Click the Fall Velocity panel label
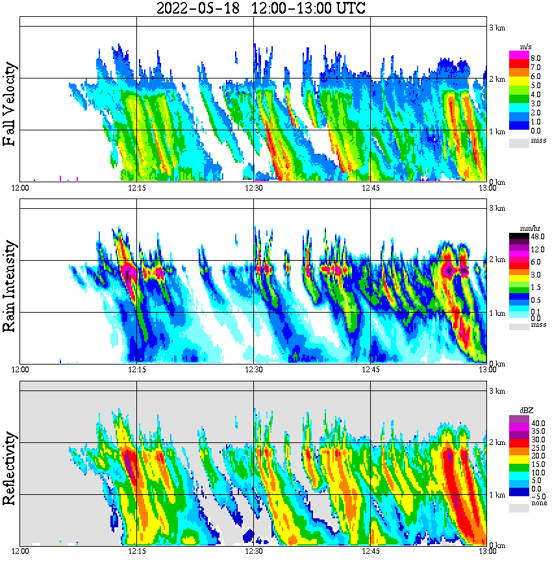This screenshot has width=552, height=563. click(10, 104)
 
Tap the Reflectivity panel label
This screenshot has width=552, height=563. click(10, 465)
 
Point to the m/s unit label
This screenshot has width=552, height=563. click(525, 47)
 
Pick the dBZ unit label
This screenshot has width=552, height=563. click(525, 411)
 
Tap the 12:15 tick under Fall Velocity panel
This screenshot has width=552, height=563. click(136, 187)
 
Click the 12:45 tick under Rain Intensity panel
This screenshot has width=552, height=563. click(370, 369)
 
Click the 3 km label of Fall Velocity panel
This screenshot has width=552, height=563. click(497, 27)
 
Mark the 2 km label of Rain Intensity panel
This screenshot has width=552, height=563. click(497, 260)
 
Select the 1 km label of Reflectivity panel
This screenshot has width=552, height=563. click(497, 495)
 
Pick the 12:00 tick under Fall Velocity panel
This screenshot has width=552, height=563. click(20, 187)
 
